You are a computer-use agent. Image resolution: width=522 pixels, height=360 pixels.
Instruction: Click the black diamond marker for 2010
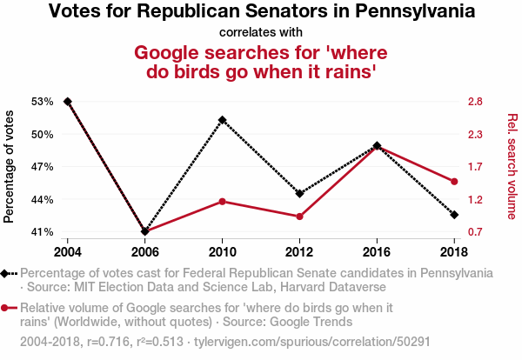tap(222, 119)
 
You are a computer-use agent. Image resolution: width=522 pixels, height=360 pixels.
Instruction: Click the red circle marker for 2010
tap(222, 202)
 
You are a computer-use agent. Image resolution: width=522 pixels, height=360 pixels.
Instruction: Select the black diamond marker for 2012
tap(299, 193)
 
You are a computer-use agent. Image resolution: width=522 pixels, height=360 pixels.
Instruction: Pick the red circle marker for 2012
tap(299, 217)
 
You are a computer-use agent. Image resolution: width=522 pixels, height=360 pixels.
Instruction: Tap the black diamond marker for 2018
tap(454, 214)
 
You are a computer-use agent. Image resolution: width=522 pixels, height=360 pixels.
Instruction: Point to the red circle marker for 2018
tap(454, 181)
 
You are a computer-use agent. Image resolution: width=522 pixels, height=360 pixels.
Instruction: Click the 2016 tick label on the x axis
tap(377, 251)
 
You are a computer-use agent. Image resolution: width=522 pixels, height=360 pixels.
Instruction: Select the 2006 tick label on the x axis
tap(144, 251)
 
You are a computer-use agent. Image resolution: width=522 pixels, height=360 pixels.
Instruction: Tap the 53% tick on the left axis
tap(43, 102)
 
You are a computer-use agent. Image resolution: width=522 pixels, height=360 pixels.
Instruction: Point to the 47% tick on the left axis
tap(43, 167)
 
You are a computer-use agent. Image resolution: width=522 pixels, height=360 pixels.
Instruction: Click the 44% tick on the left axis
tap(43, 200)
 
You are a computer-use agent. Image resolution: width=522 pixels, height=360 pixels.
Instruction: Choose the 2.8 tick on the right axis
tap(474, 102)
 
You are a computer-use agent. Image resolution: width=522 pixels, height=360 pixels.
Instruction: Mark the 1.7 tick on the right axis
tap(474, 167)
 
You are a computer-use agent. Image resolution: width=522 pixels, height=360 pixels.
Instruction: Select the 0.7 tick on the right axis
tap(474, 232)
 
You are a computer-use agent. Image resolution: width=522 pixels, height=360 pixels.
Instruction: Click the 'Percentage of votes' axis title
tap(10, 167)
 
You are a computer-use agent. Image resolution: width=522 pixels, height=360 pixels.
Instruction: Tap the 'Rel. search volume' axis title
tap(512, 167)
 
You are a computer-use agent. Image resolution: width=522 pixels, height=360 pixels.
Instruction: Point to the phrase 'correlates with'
tap(261, 32)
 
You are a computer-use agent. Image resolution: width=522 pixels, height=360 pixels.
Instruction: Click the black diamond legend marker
tap(6, 273)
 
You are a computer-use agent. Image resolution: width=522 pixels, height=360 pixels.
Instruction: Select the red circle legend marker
tap(6, 308)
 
